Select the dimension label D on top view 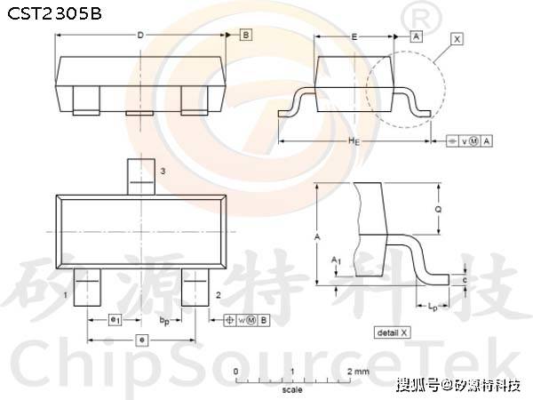(139, 35)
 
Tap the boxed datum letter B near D (246, 35)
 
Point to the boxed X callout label (457, 39)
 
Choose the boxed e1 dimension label (115, 318)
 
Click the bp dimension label (165, 318)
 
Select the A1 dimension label (335, 260)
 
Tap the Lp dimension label (433, 307)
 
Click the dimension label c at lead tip (466, 279)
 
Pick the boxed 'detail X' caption (393, 332)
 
